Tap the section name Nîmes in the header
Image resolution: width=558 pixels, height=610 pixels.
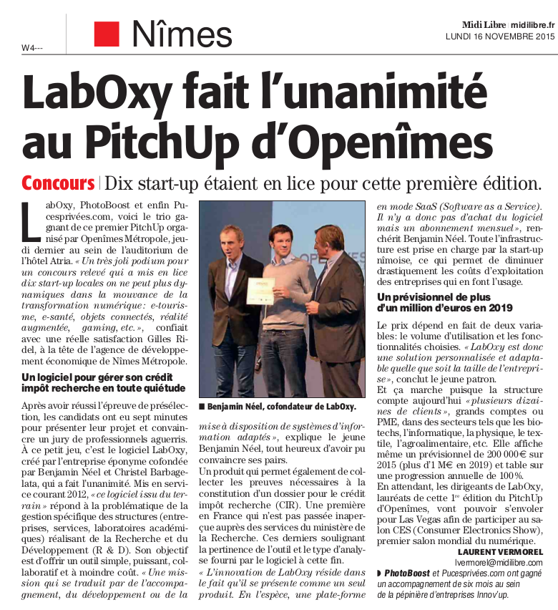pyautogui.click(x=182, y=34)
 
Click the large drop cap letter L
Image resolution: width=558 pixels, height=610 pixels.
pyautogui.click(x=31, y=222)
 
